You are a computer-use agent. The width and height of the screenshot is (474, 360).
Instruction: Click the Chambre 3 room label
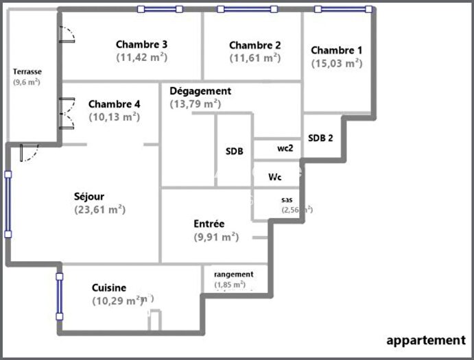pos(141,45)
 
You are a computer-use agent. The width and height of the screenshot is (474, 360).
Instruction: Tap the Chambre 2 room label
pos(255,45)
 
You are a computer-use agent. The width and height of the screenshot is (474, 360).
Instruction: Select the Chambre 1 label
pos(337,50)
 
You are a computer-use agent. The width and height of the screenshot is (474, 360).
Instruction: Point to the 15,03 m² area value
pos(337,63)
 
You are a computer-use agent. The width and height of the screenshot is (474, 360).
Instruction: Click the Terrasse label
pos(27,71)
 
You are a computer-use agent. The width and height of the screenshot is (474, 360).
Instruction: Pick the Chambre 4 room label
pos(115,104)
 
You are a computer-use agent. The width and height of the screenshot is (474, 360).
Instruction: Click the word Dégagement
pos(200,91)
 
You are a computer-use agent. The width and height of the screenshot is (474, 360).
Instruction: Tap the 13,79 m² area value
pos(195,104)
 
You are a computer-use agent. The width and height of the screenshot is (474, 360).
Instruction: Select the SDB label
pos(234,152)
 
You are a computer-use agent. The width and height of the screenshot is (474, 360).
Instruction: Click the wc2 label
pos(285,148)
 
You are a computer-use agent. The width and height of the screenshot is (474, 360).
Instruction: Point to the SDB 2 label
pos(320,137)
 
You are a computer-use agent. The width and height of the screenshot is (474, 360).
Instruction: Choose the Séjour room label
pos(89,197)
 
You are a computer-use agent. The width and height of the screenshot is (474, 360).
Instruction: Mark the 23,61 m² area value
pos(99,210)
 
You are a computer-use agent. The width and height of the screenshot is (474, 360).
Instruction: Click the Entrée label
pos(209,224)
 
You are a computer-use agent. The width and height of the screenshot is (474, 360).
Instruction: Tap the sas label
pos(287,200)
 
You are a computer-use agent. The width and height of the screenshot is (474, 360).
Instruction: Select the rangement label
pos(233,274)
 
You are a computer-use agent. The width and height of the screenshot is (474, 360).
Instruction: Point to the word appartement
pos(425,339)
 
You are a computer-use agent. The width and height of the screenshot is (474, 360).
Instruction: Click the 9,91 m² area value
pos(216,237)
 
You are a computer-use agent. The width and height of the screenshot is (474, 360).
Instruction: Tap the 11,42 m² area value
pos(142,58)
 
